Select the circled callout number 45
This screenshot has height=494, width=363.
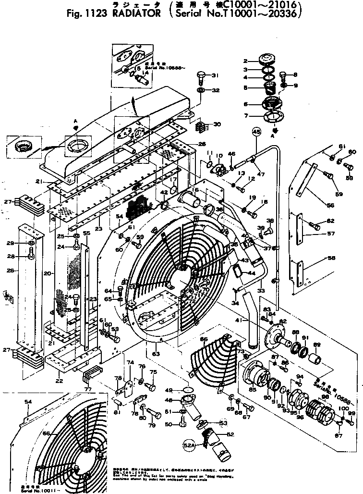tap(256, 133)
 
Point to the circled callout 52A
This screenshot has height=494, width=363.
tap(190, 445)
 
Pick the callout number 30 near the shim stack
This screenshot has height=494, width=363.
tap(218, 124)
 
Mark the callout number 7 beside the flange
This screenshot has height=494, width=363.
tap(260, 115)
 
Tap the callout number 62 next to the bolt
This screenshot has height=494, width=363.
tap(330, 221)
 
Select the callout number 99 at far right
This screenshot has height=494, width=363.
tap(351, 413)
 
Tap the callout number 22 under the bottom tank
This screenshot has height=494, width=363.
tap(59, 381)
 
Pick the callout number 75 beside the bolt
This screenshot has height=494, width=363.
tap(154, 372)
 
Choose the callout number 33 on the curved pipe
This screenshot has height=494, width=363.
tap(261, 290)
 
